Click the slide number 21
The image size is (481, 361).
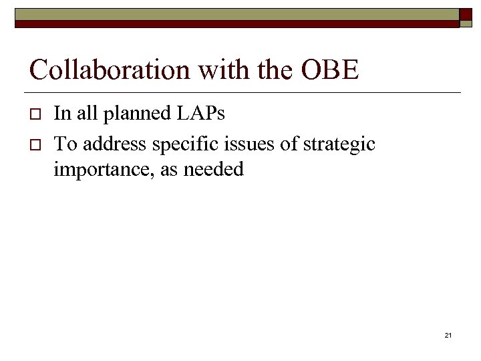pyautogui.click(x=448, y=335)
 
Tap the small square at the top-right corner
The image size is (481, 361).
pyautogui.click(x=466, y=15)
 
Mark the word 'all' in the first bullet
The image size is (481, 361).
pyautogui.click(x=86, y=114)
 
